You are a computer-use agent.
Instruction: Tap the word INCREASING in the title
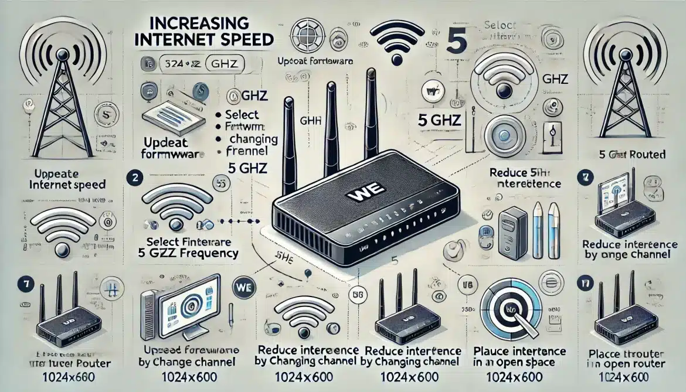coord(196,25)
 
